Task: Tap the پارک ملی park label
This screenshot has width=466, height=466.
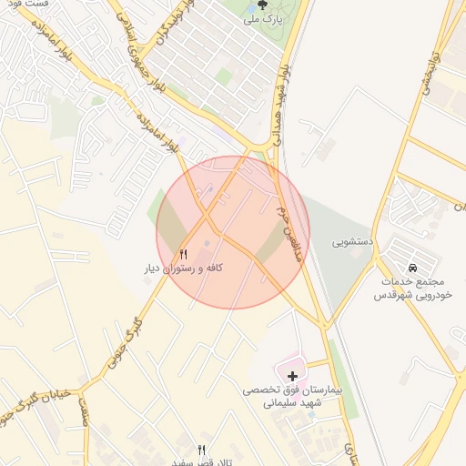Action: (263, 17)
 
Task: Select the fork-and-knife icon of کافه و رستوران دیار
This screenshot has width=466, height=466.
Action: (184, 254)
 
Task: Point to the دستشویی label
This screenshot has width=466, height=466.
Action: (351, 243)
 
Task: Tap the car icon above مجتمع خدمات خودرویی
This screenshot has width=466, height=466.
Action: (414, 268)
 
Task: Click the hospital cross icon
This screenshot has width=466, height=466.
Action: (292, 375)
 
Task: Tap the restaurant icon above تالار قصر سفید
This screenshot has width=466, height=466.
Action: (202, 450)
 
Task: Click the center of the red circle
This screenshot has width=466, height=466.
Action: (233, 232)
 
